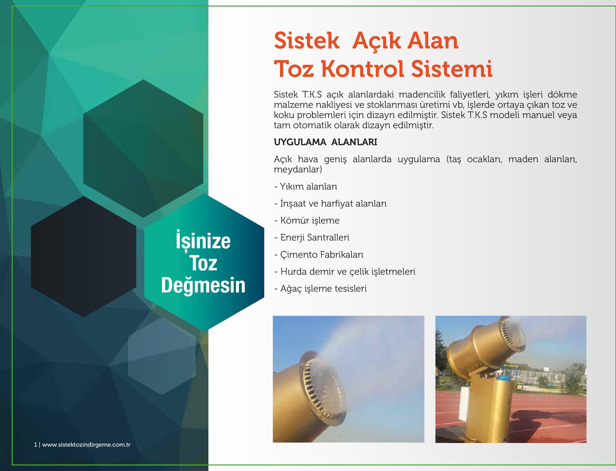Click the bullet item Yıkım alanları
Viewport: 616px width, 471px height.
tap(306, 187)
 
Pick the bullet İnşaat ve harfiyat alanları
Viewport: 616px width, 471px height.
tap(330, 203)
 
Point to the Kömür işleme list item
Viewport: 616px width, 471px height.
tap(307, 220)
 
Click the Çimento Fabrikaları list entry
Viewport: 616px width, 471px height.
tap(318, 255)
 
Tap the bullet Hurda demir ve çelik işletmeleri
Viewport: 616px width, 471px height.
tap(345, 271)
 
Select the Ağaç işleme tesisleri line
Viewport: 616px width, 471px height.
tap(320, 289)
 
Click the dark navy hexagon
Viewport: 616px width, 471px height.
tap(84, 256)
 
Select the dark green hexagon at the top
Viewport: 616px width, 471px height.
tap(143, 149)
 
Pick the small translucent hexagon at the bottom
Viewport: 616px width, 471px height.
tap(162, 356)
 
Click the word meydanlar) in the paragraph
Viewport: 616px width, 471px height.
tap(298, 169)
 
